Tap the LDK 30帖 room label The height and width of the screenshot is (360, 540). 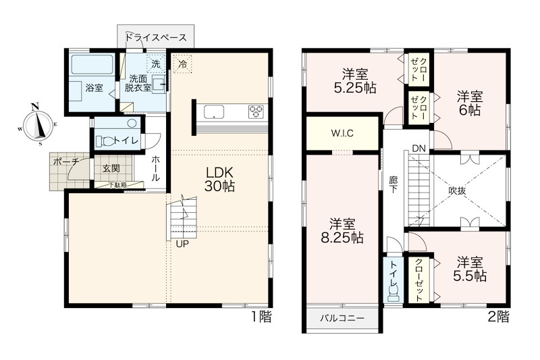click(219, 179)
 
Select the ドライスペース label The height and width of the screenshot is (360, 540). click(156, 37)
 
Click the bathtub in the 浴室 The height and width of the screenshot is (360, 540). click(92, 64)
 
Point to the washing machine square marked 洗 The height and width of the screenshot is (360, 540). click(156, 63)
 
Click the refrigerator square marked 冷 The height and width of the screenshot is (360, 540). click(183, 63)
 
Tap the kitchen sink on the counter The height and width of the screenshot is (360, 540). click(213, 112)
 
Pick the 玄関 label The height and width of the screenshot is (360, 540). click(111, 168)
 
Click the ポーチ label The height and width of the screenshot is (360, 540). click(66, 161)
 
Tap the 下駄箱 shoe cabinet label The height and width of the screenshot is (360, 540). click(118, 185)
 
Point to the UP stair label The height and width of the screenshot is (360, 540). click(182, 244)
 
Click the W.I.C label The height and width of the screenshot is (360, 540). click(342, 133)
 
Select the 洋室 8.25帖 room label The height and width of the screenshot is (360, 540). click(342, 231)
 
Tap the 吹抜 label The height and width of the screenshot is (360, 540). click(458, 190)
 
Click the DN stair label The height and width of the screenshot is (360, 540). click(419, 149)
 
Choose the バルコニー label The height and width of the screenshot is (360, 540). click(342, 317)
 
